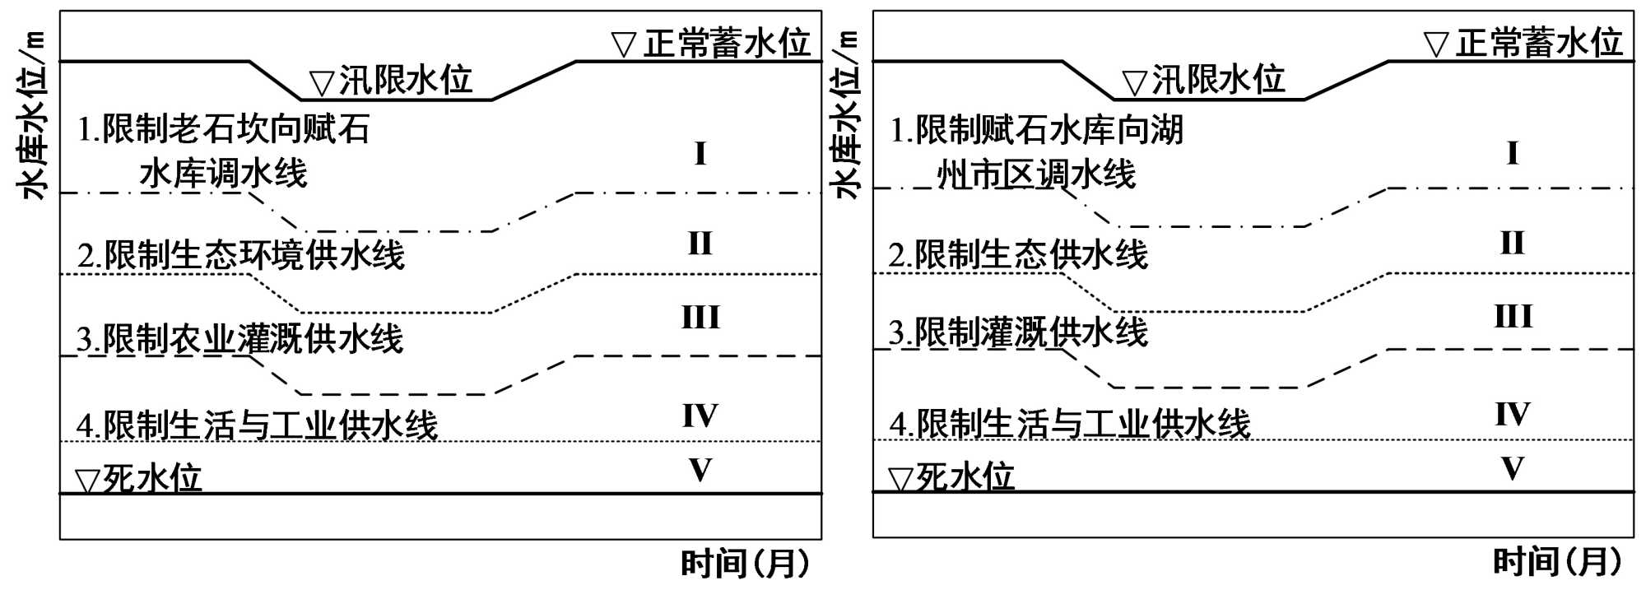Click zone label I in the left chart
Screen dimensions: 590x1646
tap(700, 154)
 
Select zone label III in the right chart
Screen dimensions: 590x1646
tap(1513, 317)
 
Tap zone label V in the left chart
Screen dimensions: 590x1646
tap(700, 470)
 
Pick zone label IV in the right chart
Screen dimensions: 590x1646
tap(1513, 414)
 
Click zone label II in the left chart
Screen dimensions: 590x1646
tap(700, 244)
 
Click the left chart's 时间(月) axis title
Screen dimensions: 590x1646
tap(745, 564)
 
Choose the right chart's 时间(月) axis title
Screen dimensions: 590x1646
tap(1557, 562)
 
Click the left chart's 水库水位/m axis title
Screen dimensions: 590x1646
tap(33, 115)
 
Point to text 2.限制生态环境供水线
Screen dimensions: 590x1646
tap(241, 255)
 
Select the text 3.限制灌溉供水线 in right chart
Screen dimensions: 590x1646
tap(1018, 332)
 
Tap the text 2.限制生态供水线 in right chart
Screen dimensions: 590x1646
tap(1018, 254)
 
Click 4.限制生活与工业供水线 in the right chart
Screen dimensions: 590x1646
tap(1070, 424)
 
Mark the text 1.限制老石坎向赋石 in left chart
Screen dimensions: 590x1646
tap(224, 129)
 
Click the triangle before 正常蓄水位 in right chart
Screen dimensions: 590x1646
tap(1436, 44)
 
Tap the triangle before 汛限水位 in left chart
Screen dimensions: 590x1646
tap(321, 83)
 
